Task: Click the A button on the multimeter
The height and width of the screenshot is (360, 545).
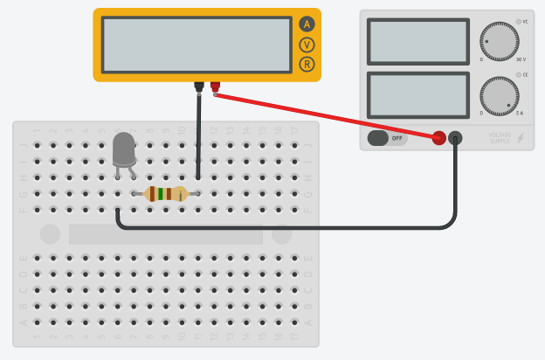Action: click(307, 24)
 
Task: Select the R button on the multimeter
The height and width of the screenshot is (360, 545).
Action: click(307, 64)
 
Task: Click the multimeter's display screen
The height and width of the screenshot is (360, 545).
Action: click(197, 45)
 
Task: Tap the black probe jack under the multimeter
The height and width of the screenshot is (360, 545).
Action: click(199, 86)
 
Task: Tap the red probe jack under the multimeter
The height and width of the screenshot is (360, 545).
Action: click(215, 86)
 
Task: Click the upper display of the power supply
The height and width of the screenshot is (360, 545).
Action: click(418, 41)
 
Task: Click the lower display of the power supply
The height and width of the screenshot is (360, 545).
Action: click(418, 94)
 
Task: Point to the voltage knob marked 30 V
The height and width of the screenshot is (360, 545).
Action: click(499, 41)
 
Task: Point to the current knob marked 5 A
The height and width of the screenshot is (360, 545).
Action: click(499, 95)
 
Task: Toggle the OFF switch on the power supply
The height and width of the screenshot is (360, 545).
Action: click(387, 138)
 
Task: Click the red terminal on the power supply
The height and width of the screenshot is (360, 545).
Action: click(439, 138)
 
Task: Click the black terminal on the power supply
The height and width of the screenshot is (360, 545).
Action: click(455, 138)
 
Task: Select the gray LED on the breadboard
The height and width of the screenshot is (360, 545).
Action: click(124, 149)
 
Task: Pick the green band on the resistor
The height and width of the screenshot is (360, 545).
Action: click(161, 194)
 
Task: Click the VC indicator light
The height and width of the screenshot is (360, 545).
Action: click(518, 22)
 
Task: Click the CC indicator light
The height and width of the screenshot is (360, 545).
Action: click(518, 75)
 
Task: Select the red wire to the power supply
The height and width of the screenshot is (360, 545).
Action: click(332, 115)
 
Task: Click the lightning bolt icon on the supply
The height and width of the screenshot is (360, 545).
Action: click(521, 138)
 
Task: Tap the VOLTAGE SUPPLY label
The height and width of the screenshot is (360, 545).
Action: click(500, 138)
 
